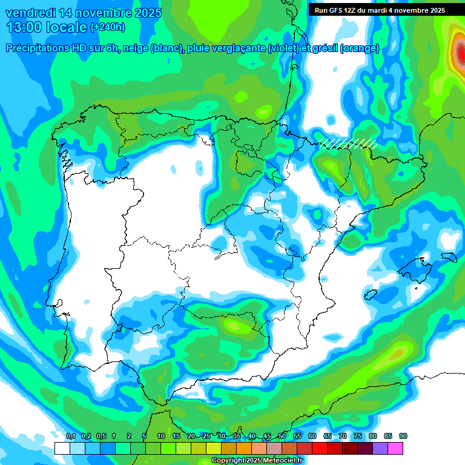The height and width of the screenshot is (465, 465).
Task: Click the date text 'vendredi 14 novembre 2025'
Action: point(84,13)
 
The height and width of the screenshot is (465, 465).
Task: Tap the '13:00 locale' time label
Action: point(46,27)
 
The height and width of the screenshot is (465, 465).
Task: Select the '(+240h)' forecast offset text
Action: point(108,27)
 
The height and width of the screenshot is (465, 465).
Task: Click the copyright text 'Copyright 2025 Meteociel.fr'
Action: point(257,461)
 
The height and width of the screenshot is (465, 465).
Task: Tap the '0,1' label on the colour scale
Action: point(71,437)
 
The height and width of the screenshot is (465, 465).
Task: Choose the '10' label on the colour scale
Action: point(161,437)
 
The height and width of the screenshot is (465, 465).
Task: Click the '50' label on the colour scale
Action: point(282,437)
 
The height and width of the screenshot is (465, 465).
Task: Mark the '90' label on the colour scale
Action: point(403,437)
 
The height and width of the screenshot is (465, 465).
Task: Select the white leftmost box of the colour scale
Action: point(62,448)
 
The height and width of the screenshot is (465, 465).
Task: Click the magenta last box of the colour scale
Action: point(395,448)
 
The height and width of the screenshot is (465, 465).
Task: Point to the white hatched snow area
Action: point(349,143)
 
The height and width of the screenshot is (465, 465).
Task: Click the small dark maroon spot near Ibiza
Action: point(368,295)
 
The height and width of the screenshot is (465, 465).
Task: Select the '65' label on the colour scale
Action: point(328,437)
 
